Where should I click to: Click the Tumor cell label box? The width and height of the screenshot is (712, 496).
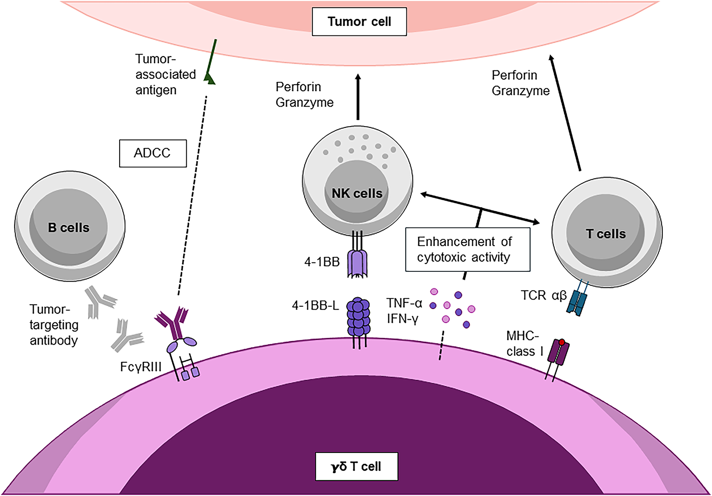[x=359, y=22]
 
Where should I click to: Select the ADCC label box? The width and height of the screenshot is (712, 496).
[x=153, y=153]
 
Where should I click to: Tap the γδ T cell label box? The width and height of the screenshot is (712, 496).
[x=356, y=466]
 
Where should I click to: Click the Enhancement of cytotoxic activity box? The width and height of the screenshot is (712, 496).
[x=468, y=249]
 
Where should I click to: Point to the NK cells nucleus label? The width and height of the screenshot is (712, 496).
[x=357, y=193]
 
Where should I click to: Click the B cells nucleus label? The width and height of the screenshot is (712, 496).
[x=68, y=227]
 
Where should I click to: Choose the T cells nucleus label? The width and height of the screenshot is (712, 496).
[x=606, y=234]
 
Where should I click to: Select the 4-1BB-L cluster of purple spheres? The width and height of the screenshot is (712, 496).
[x=358, y=317]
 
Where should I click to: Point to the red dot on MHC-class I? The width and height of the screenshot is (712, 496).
[x=562, y=342]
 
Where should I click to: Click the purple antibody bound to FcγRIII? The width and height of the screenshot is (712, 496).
[x=172, y=322]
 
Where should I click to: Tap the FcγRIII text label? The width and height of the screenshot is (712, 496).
[x=141, y=367]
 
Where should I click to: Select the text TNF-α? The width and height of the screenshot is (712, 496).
[x=404, y=303]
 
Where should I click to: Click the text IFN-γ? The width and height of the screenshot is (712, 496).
[x=402, y=319]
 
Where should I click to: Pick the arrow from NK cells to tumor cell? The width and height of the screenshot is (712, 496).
[x=358, y=97]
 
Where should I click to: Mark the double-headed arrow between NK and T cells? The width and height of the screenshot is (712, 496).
[x=480, y=208]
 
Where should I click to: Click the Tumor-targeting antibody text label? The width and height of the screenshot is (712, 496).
[x=54, y=325]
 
